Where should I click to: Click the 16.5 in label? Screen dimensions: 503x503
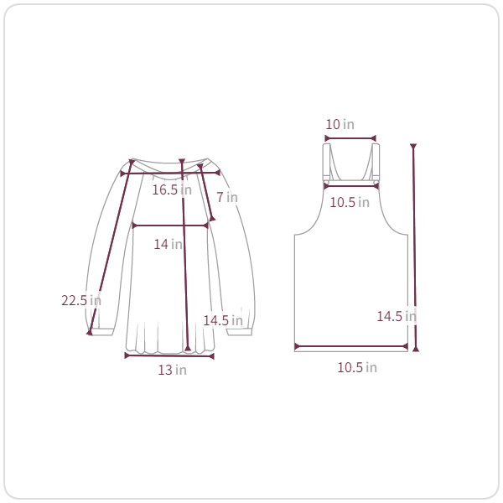pyautogui.click(x=172, y=190)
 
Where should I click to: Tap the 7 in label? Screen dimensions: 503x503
pyautogui.click(x=227, y=197)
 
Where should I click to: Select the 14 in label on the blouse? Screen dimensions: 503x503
pyautogui.click(x=168, y=245)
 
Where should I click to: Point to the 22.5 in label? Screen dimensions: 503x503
pyautogui.click(x=81, y=301)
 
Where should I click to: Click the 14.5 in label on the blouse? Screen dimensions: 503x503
pyautogui.click(x=223, y=320)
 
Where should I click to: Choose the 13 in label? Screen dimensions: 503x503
pyautogui.click(x=172, y=371)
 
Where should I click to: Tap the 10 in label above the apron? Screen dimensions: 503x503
pyautogui.click(x=340, y=124)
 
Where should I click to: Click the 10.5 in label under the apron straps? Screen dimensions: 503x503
pyautogui.click(x=350, y=202)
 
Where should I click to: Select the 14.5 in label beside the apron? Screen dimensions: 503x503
pyautogui.click(x=397, y=317)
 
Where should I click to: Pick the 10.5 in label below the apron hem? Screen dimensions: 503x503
pyautogui.click(x=357, y=368)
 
